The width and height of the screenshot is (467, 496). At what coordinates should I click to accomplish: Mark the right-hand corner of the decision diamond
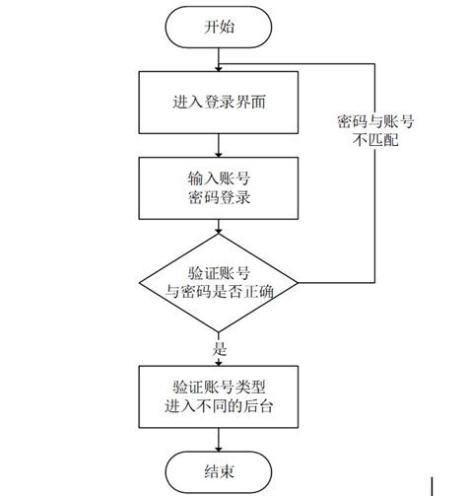(x=298, y=282)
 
